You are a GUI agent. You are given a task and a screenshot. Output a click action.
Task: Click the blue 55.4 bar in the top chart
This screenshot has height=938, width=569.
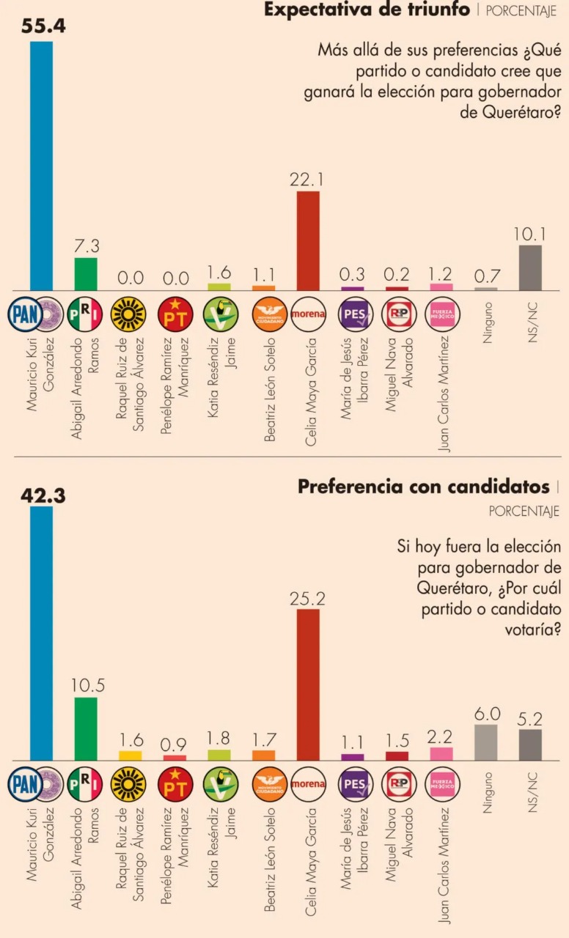click(x=42, y=166)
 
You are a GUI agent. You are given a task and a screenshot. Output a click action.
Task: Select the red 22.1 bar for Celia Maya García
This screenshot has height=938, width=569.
click(x=308, y=241)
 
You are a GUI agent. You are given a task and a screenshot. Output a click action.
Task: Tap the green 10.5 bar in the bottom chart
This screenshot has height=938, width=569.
click(x=86, y=728)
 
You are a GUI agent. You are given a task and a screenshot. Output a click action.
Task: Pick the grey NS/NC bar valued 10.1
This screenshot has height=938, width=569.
click(x=530, y=268)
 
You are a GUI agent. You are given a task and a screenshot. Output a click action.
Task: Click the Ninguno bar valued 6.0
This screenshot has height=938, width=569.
click(x=485, y=742)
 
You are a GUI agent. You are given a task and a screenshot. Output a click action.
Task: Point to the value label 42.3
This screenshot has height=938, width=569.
click(x=43, y=496)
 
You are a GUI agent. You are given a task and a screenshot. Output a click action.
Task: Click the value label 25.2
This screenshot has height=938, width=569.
click(x=307, y=599)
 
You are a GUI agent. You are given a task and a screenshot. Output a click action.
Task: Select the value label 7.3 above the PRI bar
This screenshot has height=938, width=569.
click(x=87, y=245)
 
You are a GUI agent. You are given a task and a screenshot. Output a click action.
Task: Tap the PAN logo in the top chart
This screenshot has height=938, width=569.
click(x=25, y=314)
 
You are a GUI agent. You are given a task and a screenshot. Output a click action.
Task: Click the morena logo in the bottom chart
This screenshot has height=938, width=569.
click(x=308, y=784)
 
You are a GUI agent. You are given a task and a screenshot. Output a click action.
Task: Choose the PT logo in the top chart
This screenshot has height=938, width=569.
click(x=175, y=314)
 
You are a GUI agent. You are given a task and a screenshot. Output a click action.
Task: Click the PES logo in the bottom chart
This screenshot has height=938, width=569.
click(x=356, y=784)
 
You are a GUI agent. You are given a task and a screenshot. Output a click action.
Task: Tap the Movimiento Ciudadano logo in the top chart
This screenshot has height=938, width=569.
click(x=269, y=314)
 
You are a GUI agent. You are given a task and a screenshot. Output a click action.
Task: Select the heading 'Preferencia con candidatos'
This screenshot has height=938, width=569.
click(x=424, y=487)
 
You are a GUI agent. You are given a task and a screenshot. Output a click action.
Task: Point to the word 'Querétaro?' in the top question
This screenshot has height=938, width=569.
click(x=510, y=113)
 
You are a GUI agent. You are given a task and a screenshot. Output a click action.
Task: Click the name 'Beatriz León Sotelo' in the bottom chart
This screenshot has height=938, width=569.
click(x=270, y=860)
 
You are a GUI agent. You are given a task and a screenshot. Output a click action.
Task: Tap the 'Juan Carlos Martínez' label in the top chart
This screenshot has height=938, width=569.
click(x=443, y=394)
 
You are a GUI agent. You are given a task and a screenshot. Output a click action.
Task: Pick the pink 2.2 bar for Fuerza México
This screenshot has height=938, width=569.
click(x=441, y=754)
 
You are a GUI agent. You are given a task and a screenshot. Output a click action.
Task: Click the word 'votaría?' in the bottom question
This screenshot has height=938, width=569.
click(x=533, y=629)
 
